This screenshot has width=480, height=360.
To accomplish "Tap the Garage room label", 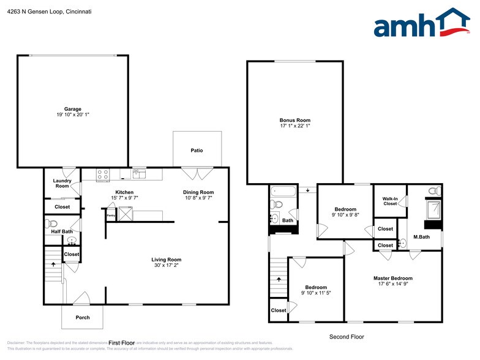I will pos(73,109).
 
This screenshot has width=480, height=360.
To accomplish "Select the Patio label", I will pos(197,151).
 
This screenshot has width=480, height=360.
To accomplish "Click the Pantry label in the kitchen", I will pos(111,216).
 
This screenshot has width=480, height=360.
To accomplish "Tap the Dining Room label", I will pos(198,192).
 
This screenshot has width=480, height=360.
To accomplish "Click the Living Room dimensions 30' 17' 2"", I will pos(167,266).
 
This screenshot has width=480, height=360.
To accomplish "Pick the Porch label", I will pos(83,317).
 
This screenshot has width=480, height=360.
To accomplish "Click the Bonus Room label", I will pos(295,120).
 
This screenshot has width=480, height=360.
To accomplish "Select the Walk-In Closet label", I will pos(390,201).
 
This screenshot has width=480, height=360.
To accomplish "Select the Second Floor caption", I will pos(347,337).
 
